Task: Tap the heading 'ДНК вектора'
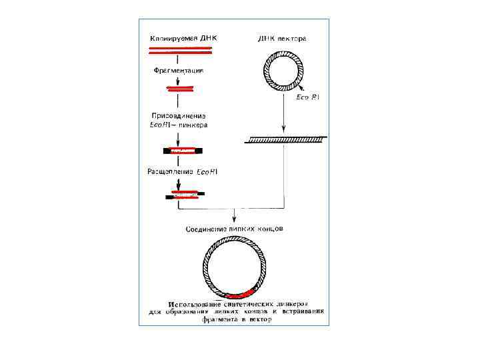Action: [282, 39]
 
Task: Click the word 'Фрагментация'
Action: [177, 70]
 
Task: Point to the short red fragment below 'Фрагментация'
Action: [178, 88]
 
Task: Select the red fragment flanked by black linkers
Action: [179, 150]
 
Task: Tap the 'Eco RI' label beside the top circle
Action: [308, 97]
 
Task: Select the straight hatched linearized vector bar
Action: [285, 139]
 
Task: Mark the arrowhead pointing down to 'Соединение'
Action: [235, 219]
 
